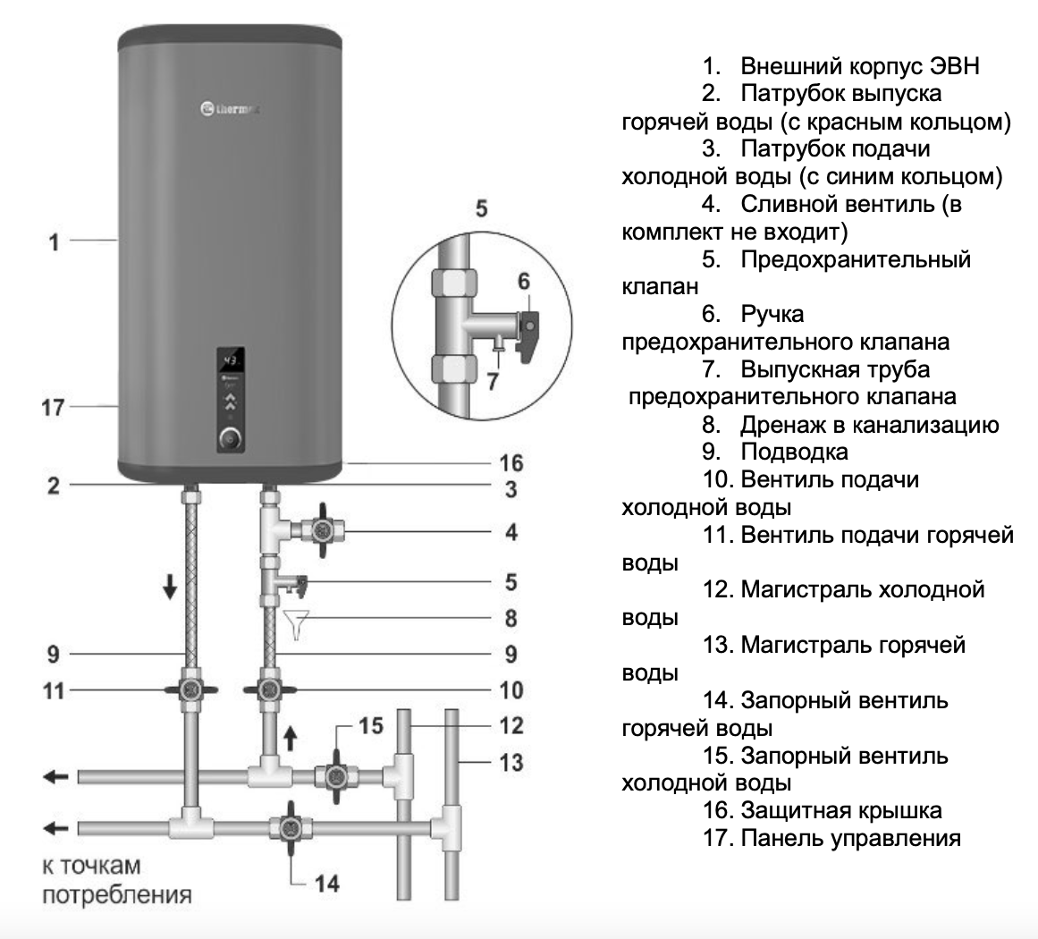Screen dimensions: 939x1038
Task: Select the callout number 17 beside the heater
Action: coord(55,408)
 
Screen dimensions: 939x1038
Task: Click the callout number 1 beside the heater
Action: coord(55,241)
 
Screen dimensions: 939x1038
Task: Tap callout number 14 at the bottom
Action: coord(327,884)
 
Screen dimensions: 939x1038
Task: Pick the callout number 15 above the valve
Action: coord(372,725)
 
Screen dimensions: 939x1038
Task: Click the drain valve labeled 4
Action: coord(319,530)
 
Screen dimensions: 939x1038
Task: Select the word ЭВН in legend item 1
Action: coord(954,66)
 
